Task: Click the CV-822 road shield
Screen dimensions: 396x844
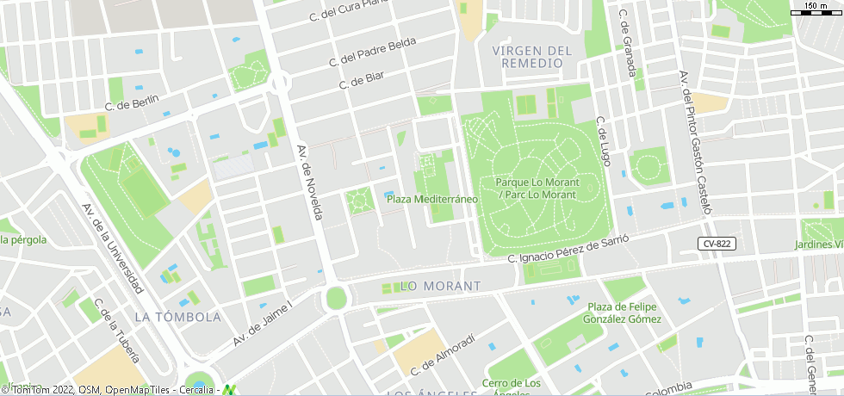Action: (716, 244)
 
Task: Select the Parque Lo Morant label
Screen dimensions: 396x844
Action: (537, 189)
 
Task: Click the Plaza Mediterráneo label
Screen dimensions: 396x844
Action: (431, 199)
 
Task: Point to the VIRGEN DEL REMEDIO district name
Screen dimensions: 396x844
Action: (532, 57)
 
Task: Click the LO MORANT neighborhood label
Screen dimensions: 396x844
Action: (441, 286)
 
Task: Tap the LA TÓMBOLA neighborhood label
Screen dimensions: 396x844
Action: (178, 317)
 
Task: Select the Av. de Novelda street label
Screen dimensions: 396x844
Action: (310, 181)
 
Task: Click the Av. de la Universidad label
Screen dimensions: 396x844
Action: (112, 247)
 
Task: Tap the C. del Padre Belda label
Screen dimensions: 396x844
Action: (372, 53)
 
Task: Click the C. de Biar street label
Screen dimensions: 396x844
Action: (362, 80)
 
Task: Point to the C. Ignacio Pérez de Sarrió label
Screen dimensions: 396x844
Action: (563, 249)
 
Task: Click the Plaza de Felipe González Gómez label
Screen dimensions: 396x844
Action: (624, 313)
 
